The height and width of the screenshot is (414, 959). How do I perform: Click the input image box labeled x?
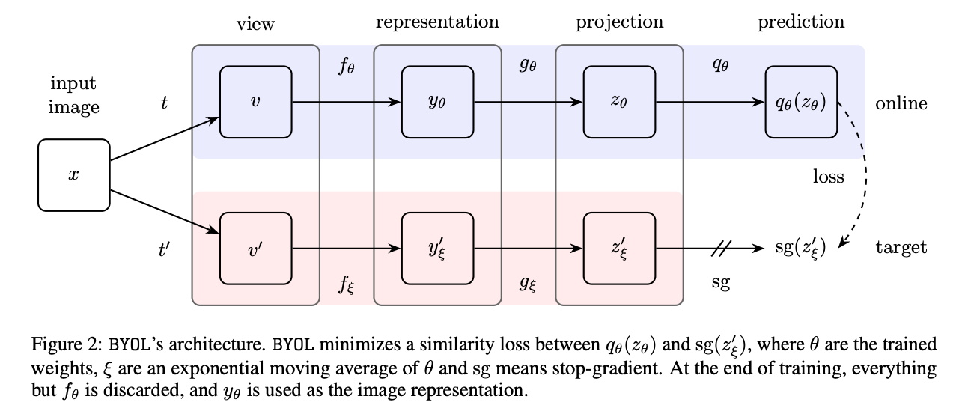tap(74, 175)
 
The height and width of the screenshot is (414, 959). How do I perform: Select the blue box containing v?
tap(255, 102)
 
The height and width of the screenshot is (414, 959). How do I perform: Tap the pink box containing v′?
tap(255, 249)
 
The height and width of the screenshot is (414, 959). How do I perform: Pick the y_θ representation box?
tap(437, 102)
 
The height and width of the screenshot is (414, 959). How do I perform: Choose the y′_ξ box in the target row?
tap(437, 249)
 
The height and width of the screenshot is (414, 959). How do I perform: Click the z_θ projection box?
tap(620, 102)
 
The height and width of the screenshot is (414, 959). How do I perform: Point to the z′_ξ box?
tap(620, 249)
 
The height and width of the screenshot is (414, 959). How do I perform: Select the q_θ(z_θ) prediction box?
tap(802, 102)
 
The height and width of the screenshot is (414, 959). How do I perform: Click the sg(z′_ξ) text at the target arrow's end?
tap(800, 249)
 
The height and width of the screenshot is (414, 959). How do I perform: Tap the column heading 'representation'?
tap(437, 22)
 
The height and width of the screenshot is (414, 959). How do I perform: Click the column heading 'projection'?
tap(620, 22)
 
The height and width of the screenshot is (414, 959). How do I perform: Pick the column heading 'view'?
tap(255, 24)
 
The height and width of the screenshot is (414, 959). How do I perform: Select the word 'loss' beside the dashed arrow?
tap(829, 176)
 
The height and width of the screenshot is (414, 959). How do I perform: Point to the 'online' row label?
tap(901, 103)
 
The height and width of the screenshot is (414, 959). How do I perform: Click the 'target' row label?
tap(901, 248)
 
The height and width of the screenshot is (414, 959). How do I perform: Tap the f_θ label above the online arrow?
tap(347, 67)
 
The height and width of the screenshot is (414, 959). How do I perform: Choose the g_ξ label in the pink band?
tap(528, 284)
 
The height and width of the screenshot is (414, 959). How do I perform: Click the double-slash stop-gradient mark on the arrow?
tap(721, 249)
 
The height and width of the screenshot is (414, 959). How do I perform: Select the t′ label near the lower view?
tap(164, 249)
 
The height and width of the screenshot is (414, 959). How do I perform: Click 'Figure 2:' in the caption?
tap(67, 344)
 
